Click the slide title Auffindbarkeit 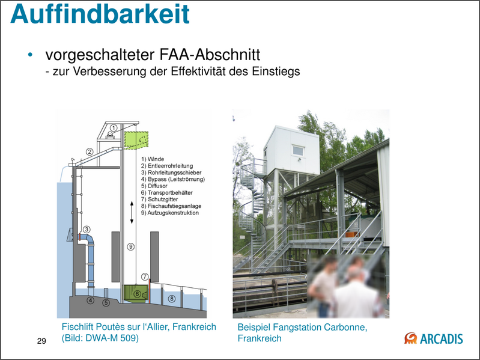[x=100, y=15]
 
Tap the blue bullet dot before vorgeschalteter [x=29, y=56]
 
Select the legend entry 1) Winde [x=152, y=159]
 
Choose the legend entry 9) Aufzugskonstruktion [x=169, y=213]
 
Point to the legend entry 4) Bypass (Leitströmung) [x=173, y=180]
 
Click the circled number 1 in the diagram [x=113, y=128]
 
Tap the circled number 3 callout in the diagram [x=87, y=229]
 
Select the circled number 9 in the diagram [x=130, y=246]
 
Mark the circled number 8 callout [x=172, y=298]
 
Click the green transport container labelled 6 [x=137, y=294]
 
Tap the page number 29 [x=41, y=341]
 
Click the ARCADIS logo [x=434, y=338]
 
